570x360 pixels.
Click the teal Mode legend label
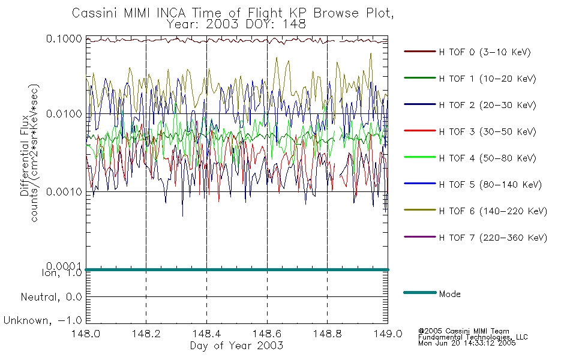click(449, 294)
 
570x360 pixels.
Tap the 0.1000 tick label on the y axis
click(64, 38)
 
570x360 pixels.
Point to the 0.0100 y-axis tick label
click(64, 114)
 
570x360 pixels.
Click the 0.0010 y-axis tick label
click(64, 192)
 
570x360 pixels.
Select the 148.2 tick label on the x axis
click(146, 334)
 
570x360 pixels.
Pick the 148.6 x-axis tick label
click(267, 334)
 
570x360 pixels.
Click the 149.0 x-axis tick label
click(388, 334)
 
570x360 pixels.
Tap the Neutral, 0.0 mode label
click(51, 298)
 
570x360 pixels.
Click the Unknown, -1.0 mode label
click(43, 321)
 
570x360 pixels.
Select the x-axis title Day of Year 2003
click(236, 346)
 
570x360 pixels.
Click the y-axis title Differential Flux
click(25, 155)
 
